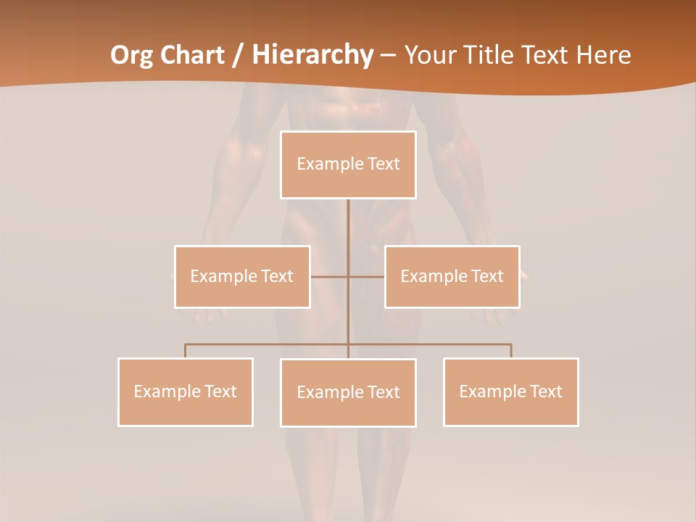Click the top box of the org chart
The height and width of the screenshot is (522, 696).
point(348,165)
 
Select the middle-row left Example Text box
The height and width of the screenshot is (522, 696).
point(242,276)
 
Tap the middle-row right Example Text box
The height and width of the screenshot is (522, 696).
point(452,276)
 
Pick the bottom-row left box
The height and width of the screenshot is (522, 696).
point(186,391)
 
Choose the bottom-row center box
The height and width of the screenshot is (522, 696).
point(348,392)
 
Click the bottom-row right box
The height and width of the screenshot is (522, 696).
point(510,391)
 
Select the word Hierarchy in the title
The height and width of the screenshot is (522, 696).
point(312,55)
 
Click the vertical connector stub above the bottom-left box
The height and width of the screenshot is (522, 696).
point(185,351)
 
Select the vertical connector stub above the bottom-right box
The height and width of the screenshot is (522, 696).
point(511,351)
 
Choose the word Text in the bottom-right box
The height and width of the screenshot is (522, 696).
point(545,391)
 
